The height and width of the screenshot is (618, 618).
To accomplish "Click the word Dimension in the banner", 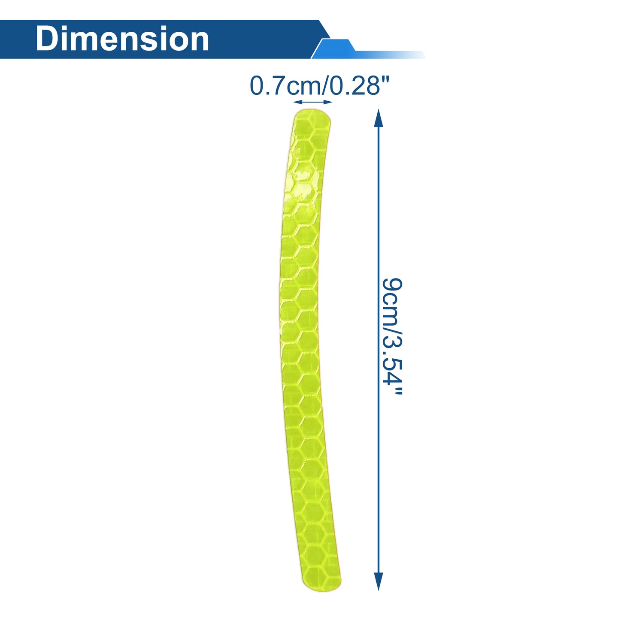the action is point(122,39).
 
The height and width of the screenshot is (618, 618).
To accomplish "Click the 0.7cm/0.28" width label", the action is point(319,86).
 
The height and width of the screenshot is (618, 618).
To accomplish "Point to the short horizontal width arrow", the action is point(313,102).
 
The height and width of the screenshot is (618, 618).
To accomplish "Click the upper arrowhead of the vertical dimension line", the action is point(379,118).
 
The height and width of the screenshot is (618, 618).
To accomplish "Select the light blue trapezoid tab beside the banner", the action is point(334,49).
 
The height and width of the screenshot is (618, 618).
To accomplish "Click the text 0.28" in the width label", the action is point(359,86).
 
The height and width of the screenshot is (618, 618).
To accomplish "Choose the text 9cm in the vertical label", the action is point(392,300).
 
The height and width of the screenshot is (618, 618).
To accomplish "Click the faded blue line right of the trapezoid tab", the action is point(390,55).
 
